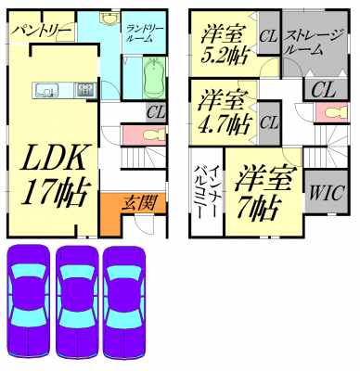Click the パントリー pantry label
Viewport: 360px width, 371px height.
[x=42, y=31]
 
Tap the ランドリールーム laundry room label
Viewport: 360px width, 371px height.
[x=144, y=33]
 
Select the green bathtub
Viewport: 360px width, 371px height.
[x=154, y=76]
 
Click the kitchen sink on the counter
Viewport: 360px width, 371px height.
[x=47, y=90]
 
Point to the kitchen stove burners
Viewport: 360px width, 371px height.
[x=85, y=90]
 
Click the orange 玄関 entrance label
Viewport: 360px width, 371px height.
[x=141, y=203]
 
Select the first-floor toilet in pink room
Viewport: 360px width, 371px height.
[x=155, y=135]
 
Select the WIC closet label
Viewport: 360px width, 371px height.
[x=327, y=193]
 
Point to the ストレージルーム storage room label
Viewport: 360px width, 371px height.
[x=314, y=43]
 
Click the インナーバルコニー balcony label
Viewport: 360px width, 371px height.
[x=207, y=192]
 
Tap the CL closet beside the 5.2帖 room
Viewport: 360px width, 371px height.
[x=269, y=36]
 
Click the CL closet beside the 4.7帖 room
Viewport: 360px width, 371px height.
[x=269, y=122]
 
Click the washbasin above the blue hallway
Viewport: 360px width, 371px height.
[x=109, y=19]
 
